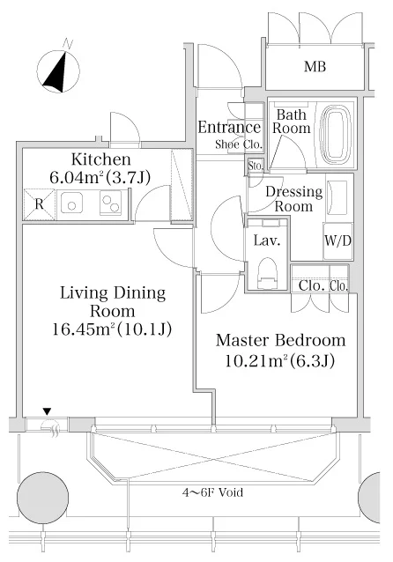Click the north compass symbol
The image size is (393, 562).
[58, 70]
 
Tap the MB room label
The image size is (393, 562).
[315, 67]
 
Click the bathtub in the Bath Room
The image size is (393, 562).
[336, 135]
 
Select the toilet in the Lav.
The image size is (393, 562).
[268, 272]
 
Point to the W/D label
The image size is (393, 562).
[337, 240]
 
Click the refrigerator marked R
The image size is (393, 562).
[39, 204]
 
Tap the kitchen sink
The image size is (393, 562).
[71, 203]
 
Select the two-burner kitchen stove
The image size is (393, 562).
[111, 203]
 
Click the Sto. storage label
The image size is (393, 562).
[256, 166]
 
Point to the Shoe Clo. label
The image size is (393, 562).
[239, 144]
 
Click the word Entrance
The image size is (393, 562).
[229, 127]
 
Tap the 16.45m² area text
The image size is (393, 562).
[85, 329]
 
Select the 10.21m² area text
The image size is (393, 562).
[256, 360]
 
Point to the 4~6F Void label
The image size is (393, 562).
[212, 492]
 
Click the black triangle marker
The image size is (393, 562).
[48, 411]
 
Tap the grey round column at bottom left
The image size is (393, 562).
[42, 498]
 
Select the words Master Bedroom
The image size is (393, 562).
[281, 341]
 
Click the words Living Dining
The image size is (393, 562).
[113, 293]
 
